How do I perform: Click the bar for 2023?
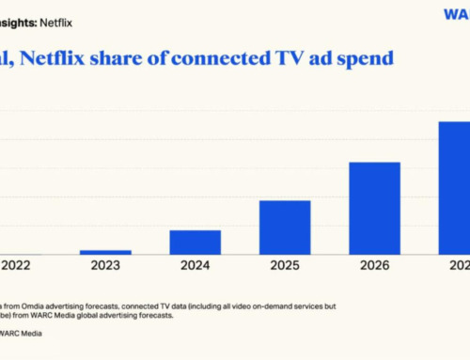click(x=105, y=252)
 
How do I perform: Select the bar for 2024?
click(x=195, y=243)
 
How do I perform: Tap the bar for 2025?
click(x=285, y=227)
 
